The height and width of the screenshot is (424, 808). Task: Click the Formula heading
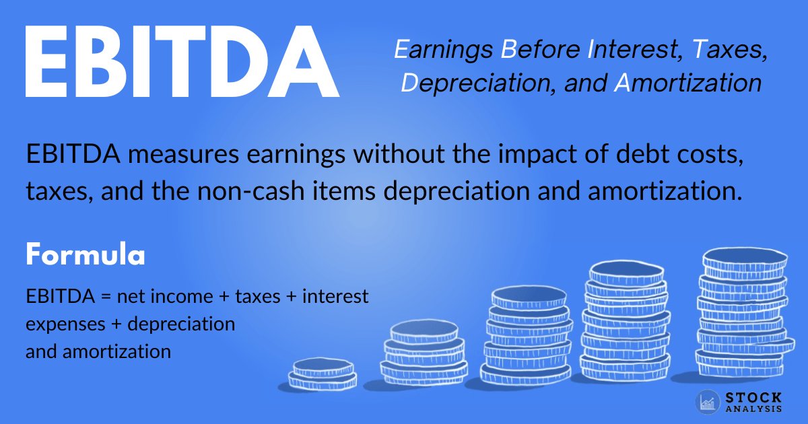86,256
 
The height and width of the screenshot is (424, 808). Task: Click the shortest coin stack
323,374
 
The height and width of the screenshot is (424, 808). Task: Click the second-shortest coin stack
424,353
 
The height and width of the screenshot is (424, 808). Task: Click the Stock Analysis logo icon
708,402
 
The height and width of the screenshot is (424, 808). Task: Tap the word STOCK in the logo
753,398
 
